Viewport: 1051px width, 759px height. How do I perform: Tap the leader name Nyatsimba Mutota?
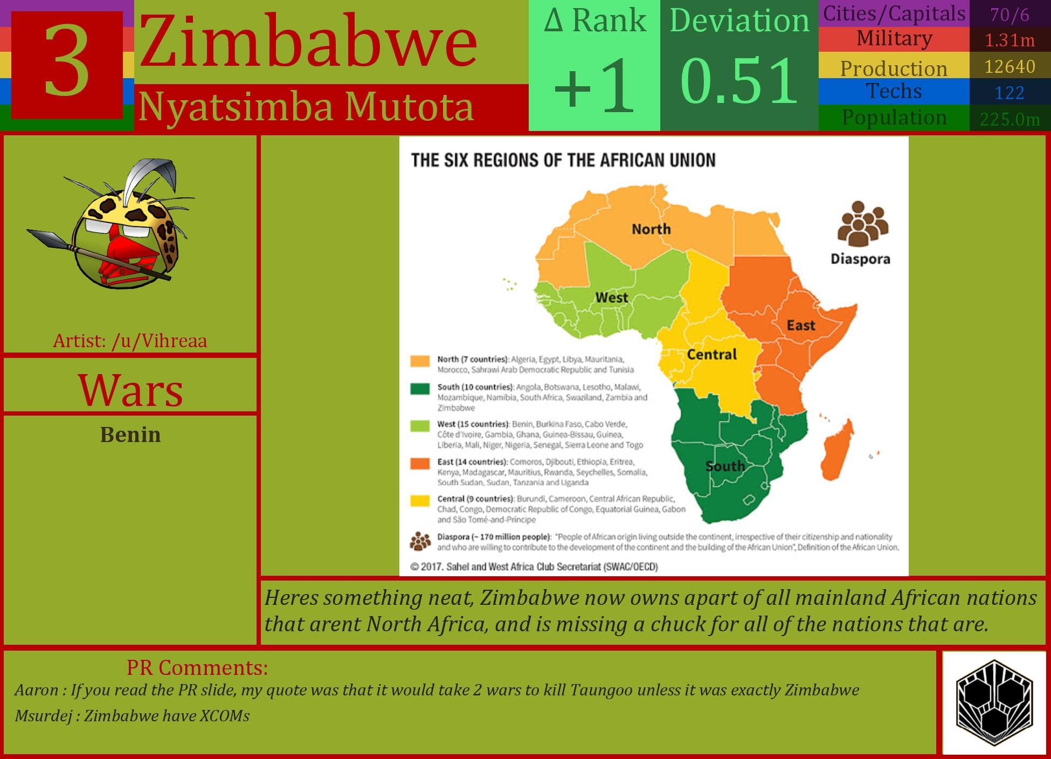click(x=306, y=107)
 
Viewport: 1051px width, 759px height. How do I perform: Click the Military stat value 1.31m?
click(x=1009, y=40)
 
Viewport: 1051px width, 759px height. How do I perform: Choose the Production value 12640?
click(x=1009, y=66)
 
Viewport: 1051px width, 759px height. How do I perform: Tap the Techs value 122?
click(x=1009, y=93)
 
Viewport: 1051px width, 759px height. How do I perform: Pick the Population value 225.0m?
click(x=1009, y=119)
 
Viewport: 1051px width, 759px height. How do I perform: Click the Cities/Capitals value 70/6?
click(x=1009, y=15)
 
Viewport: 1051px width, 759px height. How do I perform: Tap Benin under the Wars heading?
click(x=130, y=434)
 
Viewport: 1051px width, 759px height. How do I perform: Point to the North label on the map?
click(x=651, y=229)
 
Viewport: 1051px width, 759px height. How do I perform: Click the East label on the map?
click(x=801, y=325)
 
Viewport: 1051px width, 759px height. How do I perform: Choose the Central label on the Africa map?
click(x=711, y=354)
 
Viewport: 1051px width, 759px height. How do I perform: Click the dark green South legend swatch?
click(x=420, y=388)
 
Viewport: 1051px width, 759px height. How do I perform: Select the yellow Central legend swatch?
click(x=420, y=500)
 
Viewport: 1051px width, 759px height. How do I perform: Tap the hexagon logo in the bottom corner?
click(x=994, y=702)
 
